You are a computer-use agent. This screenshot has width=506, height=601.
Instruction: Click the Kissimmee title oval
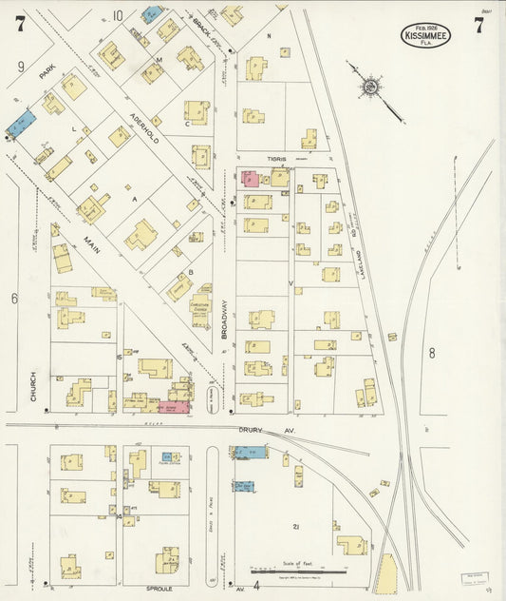coord(425,36)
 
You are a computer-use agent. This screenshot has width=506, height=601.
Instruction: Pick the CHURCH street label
coord(32,385)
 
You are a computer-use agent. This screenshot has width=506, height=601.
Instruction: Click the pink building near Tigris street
coord(250,178)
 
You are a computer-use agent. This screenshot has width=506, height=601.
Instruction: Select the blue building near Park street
coord(21,123)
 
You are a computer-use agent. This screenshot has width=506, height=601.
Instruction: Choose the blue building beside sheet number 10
coord(152,14)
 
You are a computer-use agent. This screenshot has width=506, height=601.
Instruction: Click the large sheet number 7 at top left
coord(19,25)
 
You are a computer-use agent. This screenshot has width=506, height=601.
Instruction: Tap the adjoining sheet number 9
coord(20,68)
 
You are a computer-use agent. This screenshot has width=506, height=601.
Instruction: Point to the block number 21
coord(296,526)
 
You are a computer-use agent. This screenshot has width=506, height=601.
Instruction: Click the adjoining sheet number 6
coord(14,299)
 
